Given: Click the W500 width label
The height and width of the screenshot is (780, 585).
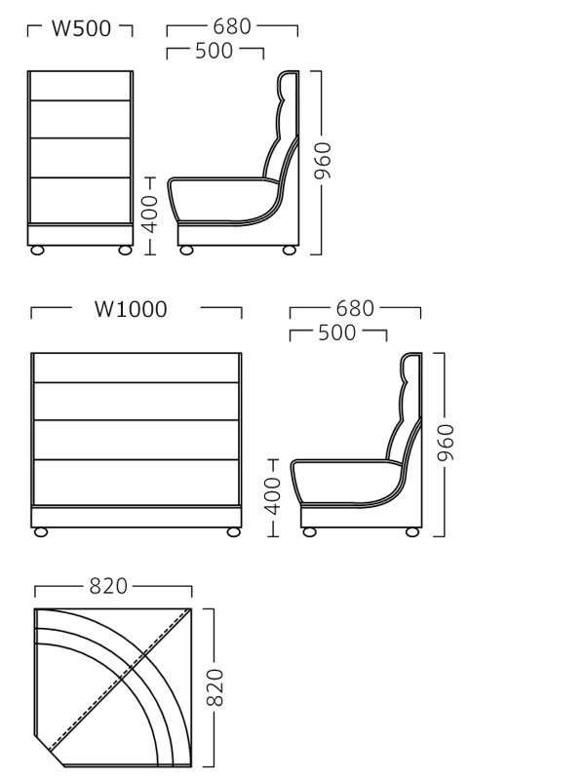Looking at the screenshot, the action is pyautogui.click(x=81, y=28).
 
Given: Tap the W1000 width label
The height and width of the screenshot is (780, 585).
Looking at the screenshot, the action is pyautogui.click(x=131, y=309).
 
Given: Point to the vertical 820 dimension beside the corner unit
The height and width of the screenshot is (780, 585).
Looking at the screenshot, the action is pyautogui.click(x=214, y=687).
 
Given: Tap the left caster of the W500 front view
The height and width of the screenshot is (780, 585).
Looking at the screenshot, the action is pyautogui.click(x=37, y=251).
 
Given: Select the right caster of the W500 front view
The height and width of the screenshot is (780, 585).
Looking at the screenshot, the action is pyautogui.click(x=125, y=251).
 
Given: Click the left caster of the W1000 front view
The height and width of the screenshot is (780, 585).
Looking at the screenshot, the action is pyautogui.click(x=41, y=532).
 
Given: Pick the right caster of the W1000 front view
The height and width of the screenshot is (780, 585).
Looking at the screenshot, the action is pyautogui.click(x=233, y=532).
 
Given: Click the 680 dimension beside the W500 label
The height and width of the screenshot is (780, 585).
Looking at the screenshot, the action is pyautogui.click(x=232, y=27).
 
